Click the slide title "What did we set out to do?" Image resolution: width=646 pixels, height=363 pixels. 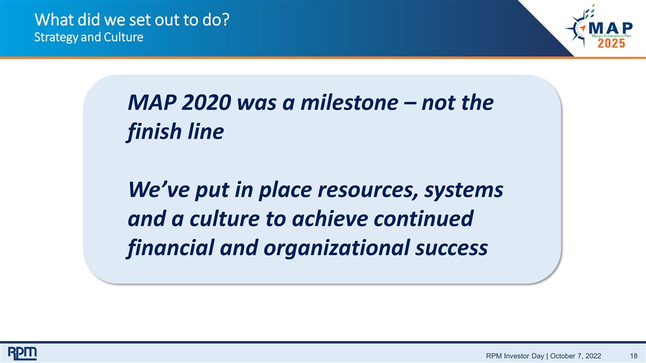point(132,20)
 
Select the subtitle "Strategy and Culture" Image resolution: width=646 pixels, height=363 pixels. point(88,38)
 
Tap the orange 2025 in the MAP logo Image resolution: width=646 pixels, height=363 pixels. point(611,44)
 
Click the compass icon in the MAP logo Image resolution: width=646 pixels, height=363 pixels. point(578,28)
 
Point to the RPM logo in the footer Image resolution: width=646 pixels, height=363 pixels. point(22,353)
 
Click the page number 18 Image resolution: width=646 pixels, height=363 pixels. point(634,356)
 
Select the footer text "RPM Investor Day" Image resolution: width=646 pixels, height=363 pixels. point(515,356)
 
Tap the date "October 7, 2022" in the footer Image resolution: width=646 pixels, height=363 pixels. point(575,356)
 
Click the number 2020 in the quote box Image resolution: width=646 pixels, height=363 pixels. point(206,103)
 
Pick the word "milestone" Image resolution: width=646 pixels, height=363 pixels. point(349,103)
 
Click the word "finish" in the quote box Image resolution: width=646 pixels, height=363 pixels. point(154,132)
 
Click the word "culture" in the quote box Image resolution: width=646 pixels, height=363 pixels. point(224,219)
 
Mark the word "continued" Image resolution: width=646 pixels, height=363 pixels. point(424,219)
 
